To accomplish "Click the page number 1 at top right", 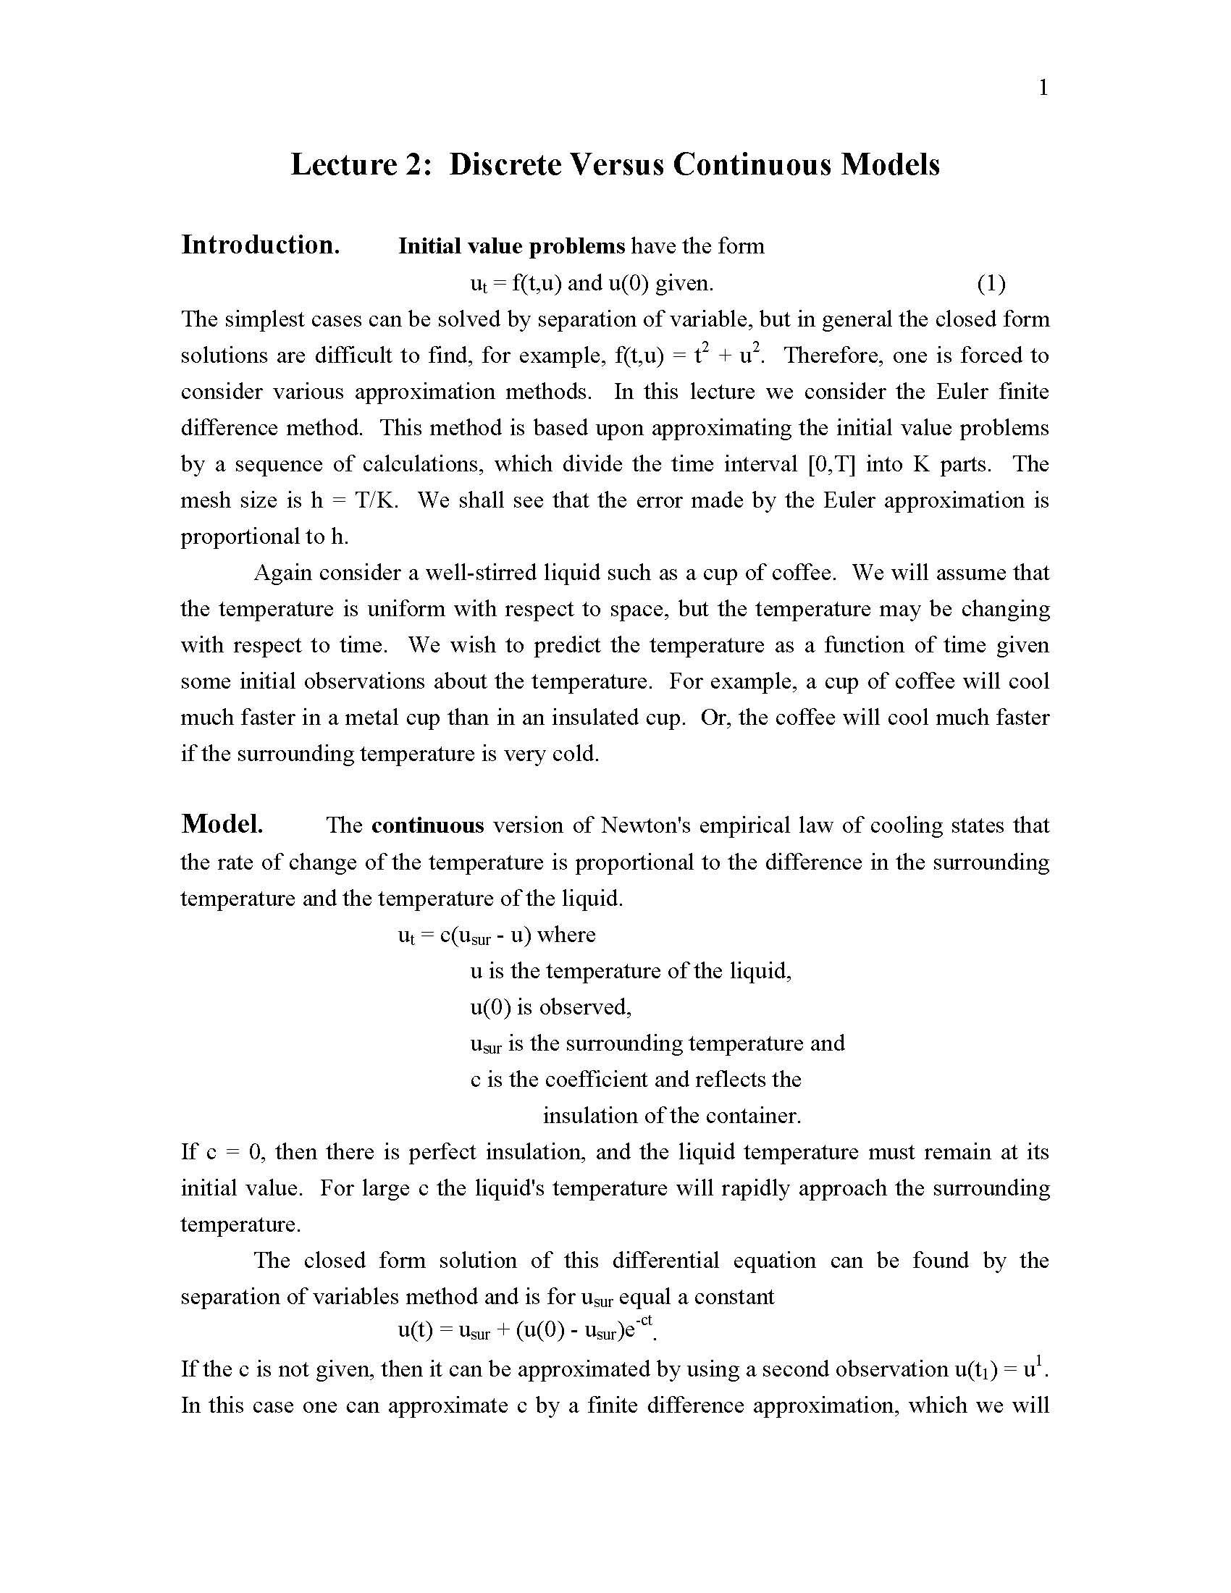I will point(1043,88).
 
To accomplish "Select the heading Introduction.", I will point(261,245).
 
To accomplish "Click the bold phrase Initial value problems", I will point(511,246).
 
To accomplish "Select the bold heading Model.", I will point(222,824).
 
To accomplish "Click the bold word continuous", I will point(427,825).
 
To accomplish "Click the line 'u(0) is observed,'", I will point(550,1007).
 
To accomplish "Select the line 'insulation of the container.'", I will point(672,1116).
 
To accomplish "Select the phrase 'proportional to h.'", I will point(265,537).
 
